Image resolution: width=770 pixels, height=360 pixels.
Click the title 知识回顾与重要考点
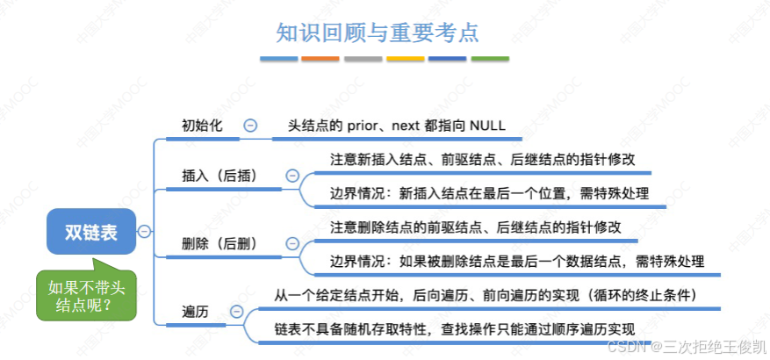378,32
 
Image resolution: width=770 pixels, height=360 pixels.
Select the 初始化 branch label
202,126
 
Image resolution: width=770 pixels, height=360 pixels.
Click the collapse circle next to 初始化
250,126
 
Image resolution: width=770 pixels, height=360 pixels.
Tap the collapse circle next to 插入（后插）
292,176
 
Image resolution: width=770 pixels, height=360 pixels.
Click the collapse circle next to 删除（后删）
292,243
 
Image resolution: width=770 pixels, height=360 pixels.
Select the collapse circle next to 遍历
236,311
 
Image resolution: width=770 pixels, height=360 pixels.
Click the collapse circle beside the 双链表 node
144,231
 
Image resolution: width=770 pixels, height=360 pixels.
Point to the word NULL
487,126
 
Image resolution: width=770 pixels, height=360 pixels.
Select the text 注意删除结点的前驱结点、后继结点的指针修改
476,227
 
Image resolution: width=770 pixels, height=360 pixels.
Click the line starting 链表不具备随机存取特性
453,328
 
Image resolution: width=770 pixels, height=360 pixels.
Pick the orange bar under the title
320,59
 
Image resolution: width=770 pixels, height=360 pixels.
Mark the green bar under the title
490,59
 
